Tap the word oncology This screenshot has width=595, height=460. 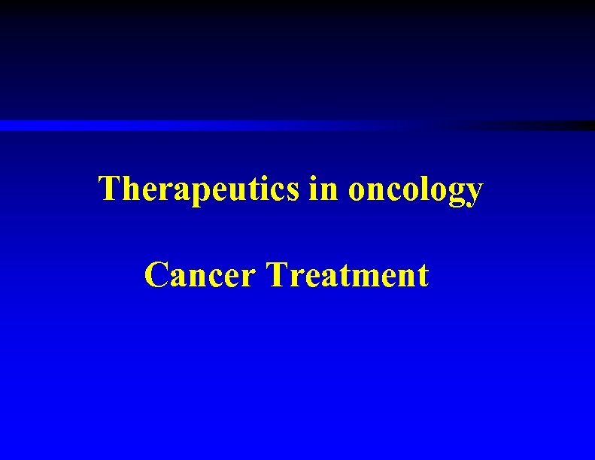[414, 190]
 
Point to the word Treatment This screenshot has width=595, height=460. [348, 275]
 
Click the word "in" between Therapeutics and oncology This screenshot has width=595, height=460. [323, 189]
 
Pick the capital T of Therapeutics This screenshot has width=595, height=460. [109, 188]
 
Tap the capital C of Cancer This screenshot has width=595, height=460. [156, 275]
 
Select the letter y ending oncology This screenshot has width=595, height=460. [473, 194]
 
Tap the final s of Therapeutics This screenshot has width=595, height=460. [296, 191]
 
